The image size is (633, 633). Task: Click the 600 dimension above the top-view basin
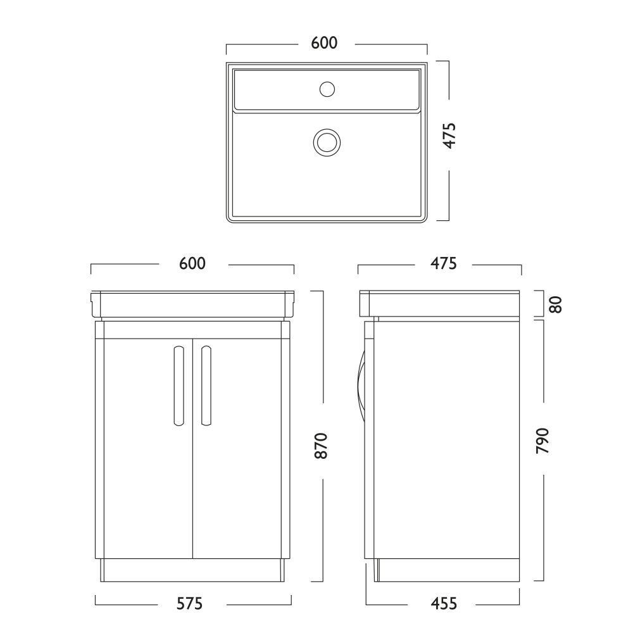click(324, 43)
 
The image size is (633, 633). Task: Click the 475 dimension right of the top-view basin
click(449, 135)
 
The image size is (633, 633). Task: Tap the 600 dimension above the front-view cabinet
click(192, 263)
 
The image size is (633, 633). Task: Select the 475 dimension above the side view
click(443, 263)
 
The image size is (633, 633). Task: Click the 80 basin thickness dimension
click(556, 304)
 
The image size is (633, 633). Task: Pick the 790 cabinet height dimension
click(542, 441)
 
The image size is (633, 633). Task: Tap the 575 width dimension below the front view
click(190, 604)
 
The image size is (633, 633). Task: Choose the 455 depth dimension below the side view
click(444, 604)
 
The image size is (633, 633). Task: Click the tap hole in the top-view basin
click(327, 89)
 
